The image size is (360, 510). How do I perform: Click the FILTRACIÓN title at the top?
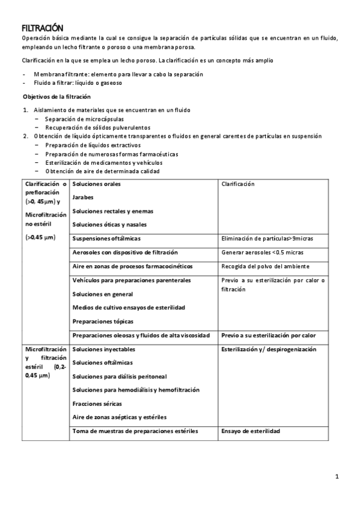42,28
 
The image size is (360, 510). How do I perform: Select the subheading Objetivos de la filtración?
56,97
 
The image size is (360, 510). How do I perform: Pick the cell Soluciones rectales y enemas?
112,211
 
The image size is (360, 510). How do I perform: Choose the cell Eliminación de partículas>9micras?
267,239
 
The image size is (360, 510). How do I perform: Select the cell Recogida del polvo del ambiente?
265,266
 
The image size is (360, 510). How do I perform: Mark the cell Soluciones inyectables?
103,349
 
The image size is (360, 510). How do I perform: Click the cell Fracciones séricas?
97,404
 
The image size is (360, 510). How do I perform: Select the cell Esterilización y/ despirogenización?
269,349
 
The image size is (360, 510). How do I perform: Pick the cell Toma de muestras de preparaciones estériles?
135,431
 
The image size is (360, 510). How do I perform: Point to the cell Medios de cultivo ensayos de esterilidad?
129,307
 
